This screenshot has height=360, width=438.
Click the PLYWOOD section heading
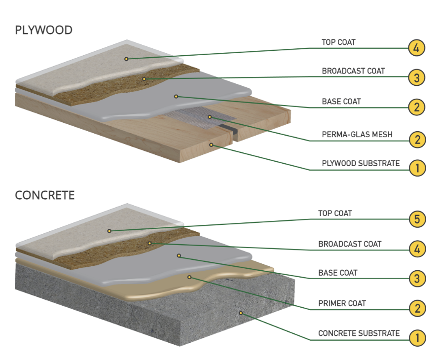point(44,30)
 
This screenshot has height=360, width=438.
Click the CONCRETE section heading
point(45,195)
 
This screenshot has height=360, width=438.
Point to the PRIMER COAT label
point(342,303)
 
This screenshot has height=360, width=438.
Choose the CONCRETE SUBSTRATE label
point(359,333)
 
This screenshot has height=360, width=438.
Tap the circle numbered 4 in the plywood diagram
point(417,48)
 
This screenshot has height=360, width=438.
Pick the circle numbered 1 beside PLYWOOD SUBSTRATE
point(417,169)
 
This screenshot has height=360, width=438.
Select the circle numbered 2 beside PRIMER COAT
point(417,309)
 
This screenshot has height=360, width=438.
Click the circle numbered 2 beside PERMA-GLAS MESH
point(417,139)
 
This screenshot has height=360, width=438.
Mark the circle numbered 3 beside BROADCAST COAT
point(417,77)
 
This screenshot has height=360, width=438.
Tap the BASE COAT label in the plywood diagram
point(341,102)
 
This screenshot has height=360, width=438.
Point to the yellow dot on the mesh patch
point(210,117)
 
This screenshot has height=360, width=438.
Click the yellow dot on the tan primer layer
point(189,277)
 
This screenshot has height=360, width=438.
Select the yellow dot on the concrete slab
point(241,313)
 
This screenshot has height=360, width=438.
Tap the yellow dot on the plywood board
point(211,144)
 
